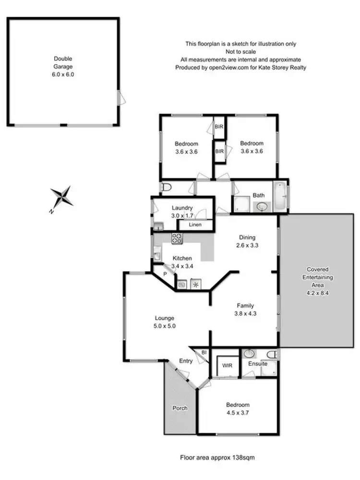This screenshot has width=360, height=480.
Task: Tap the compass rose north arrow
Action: point(62,196)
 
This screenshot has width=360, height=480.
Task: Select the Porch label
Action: point(180,408)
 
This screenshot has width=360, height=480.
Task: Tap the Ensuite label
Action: point(258,364)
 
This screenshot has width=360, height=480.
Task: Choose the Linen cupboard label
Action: point(195,225)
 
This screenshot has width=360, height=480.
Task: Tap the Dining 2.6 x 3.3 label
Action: point(248,241)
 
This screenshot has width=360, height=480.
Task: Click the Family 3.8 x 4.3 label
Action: point(245,309)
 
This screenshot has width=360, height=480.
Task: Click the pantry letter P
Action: point(165,274)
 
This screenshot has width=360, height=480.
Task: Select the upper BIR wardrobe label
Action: point(219,127)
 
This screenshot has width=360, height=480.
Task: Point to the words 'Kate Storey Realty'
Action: point(284,68)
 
